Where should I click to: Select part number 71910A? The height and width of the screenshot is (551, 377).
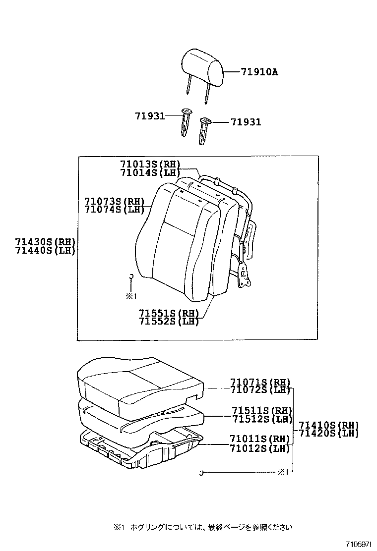point(259,72)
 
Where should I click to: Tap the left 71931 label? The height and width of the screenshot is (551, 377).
point(149,115)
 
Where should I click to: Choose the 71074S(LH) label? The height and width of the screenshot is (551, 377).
point(114,209)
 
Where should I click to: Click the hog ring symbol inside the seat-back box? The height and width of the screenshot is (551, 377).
point(131,276)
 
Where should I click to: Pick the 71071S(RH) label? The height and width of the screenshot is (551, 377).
point(259,382)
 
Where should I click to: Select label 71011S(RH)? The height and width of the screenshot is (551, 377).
point(259,439)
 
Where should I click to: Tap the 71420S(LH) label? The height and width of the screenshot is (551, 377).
point(328,433)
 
